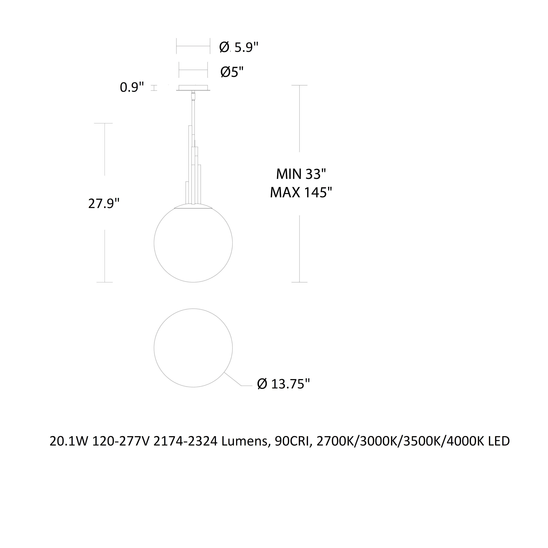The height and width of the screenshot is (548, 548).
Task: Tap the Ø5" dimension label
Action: [x=232, y=72]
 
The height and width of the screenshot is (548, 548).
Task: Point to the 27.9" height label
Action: [x=104, y=203]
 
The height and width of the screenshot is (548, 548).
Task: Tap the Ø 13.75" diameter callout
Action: [x=283, y=384]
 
